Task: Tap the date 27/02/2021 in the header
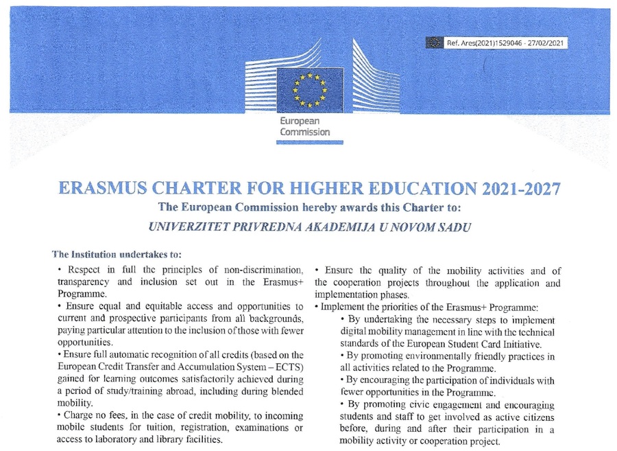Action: (x=547, y=43)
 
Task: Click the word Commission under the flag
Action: (x=304, y=132)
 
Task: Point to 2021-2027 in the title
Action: (x=511, y=189)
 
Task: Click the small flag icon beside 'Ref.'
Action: (x=434, y=43)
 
